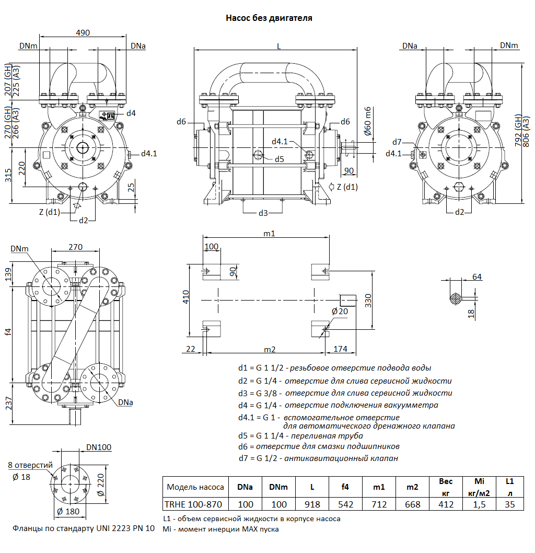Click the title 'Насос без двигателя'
pos(269,18)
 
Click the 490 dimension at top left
pos(83,32)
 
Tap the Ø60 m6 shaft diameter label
pos(367,121)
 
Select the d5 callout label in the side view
pos(280,159)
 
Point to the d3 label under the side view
pos(263,213)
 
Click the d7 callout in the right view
pos(397,142)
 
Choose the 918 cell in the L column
pos(312,504)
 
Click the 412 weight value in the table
pos(446,504)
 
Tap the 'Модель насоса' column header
pos(195,487)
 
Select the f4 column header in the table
pos(345,487)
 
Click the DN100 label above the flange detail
pos(99,447)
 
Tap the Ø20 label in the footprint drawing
pos(340,312)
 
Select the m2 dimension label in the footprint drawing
pos(270,349)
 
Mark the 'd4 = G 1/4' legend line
pos(338,405)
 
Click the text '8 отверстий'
pos(30,465)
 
